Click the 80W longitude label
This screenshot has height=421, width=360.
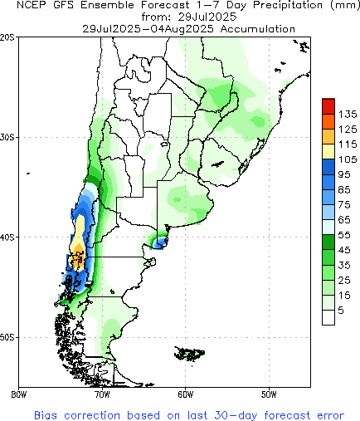coord(17,394)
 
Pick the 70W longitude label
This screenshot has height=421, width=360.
coord(101,394)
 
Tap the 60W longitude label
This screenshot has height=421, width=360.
coord(185,394)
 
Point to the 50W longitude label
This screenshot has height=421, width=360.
coord(269,394)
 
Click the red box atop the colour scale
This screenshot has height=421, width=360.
coord(328,105)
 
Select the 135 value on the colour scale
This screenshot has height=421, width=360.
coord(348,113)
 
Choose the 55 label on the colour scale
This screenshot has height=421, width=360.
coord(348,237)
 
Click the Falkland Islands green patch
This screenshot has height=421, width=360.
coord(192,355)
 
